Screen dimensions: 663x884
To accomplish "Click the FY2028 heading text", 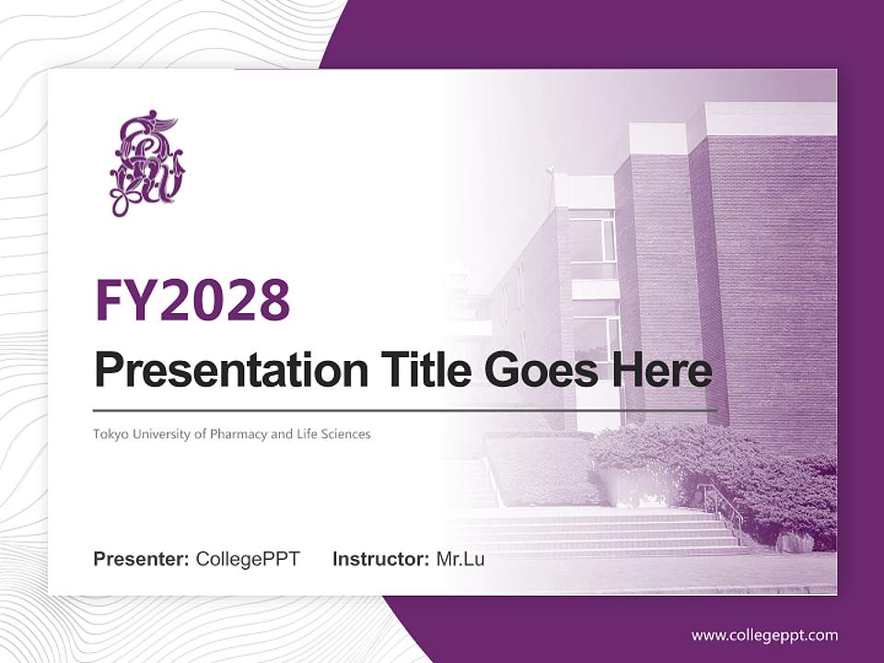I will [192, 300].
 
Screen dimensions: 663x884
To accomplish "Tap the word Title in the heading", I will [420, 370].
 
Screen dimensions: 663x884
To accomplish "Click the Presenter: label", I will [142, 559].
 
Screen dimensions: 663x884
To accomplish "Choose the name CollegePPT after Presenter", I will [248, 559].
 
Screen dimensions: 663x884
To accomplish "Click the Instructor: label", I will [380, 559].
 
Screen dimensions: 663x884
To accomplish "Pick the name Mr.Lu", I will [460, 559].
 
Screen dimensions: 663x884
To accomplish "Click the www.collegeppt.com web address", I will [764, 634].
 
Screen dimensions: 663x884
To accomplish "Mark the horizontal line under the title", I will [405, 410].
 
